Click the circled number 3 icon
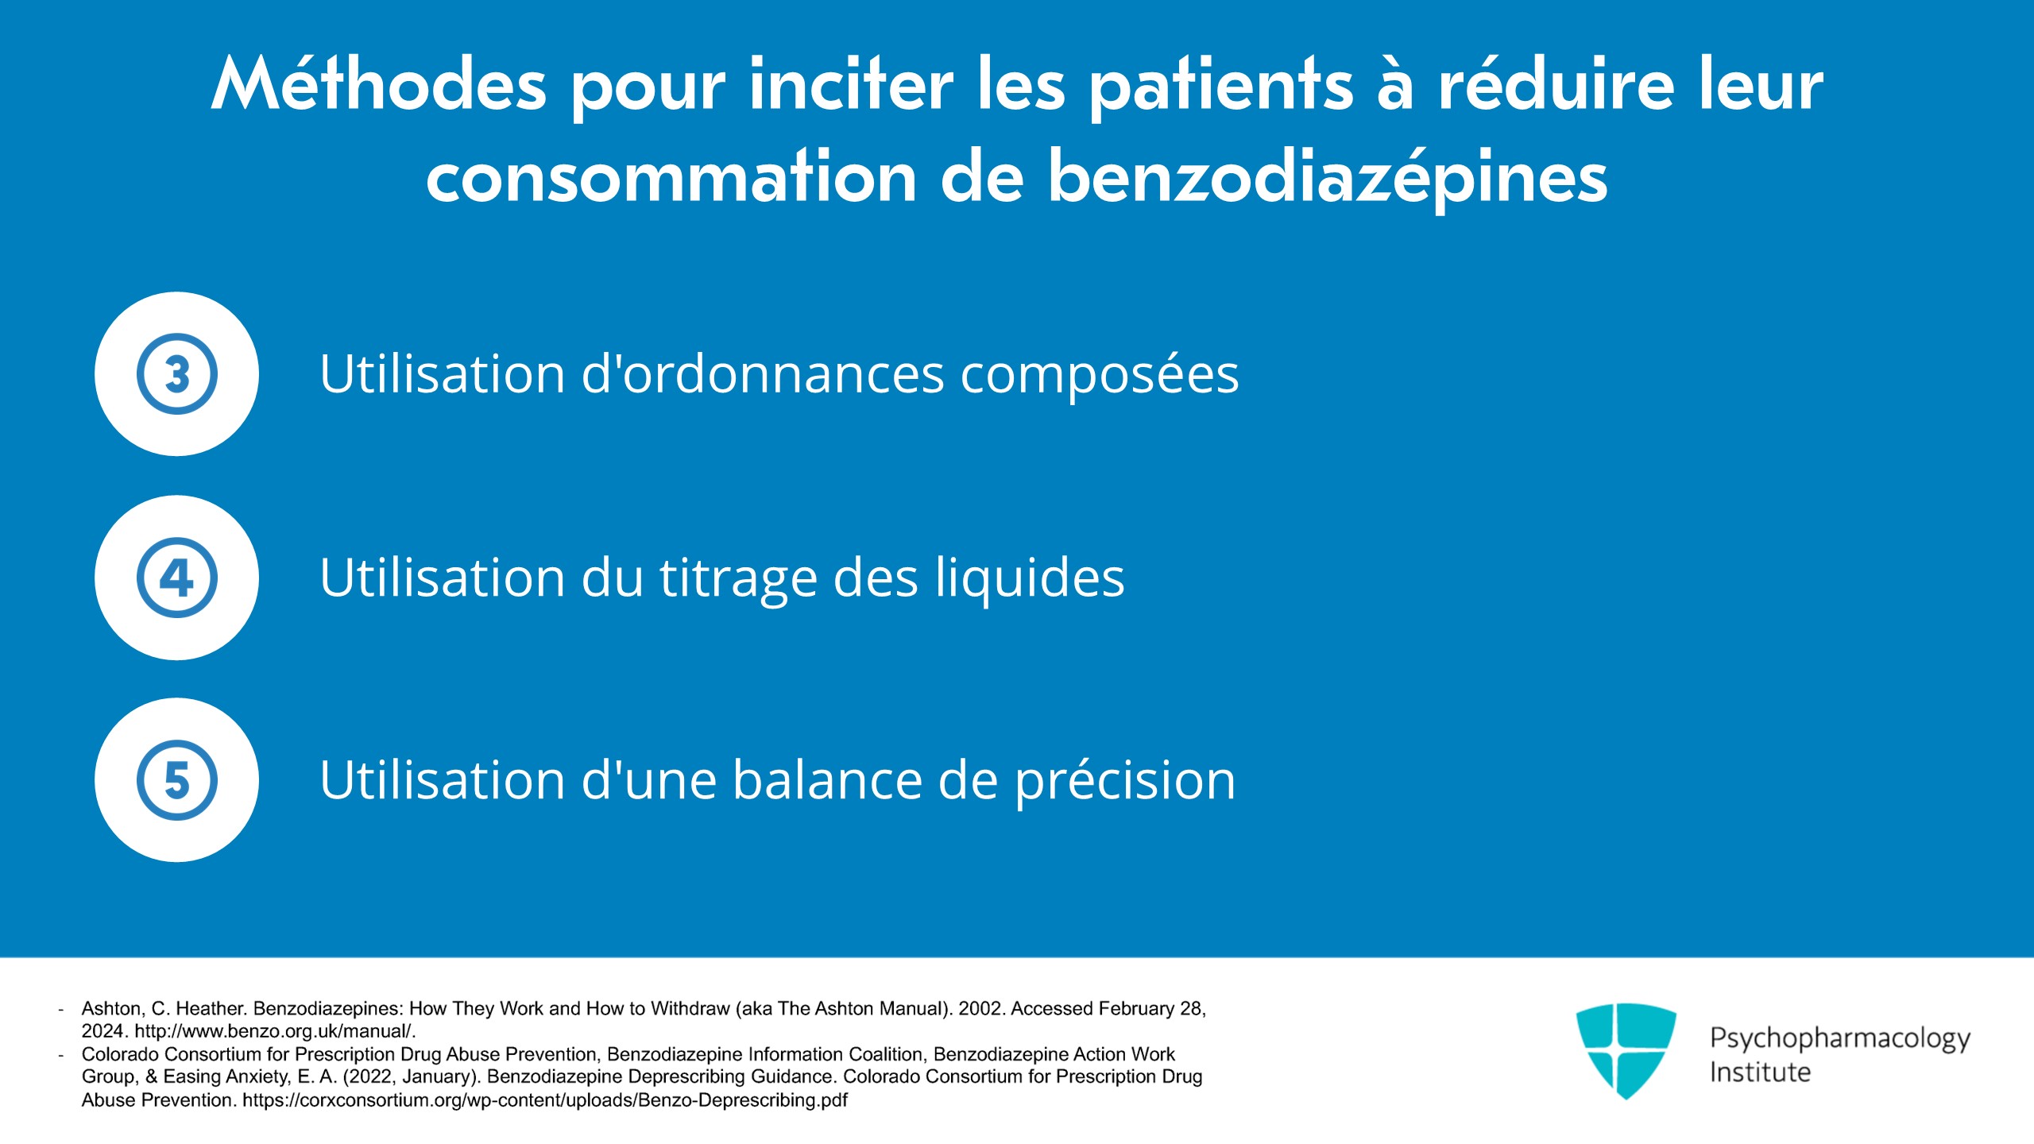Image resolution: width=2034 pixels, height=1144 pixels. coord(176,373)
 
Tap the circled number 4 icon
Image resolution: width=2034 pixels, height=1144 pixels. coord(176,578)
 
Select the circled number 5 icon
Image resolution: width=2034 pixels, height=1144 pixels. coord(176,780)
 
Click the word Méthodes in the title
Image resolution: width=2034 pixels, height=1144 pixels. coord(379,86)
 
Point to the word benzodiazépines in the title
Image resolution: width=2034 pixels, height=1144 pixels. coord(1328,179)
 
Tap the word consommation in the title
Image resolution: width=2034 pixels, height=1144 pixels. coord(671,179)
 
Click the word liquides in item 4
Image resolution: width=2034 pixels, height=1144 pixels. coord(1029,578)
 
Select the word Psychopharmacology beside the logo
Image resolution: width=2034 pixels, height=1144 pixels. coord(1839,1038)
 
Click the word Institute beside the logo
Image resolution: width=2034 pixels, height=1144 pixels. coord(1760,1072)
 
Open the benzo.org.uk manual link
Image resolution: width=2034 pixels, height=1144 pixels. coord(274,1031)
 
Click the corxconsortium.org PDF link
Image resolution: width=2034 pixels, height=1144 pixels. coord(544,1100)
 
